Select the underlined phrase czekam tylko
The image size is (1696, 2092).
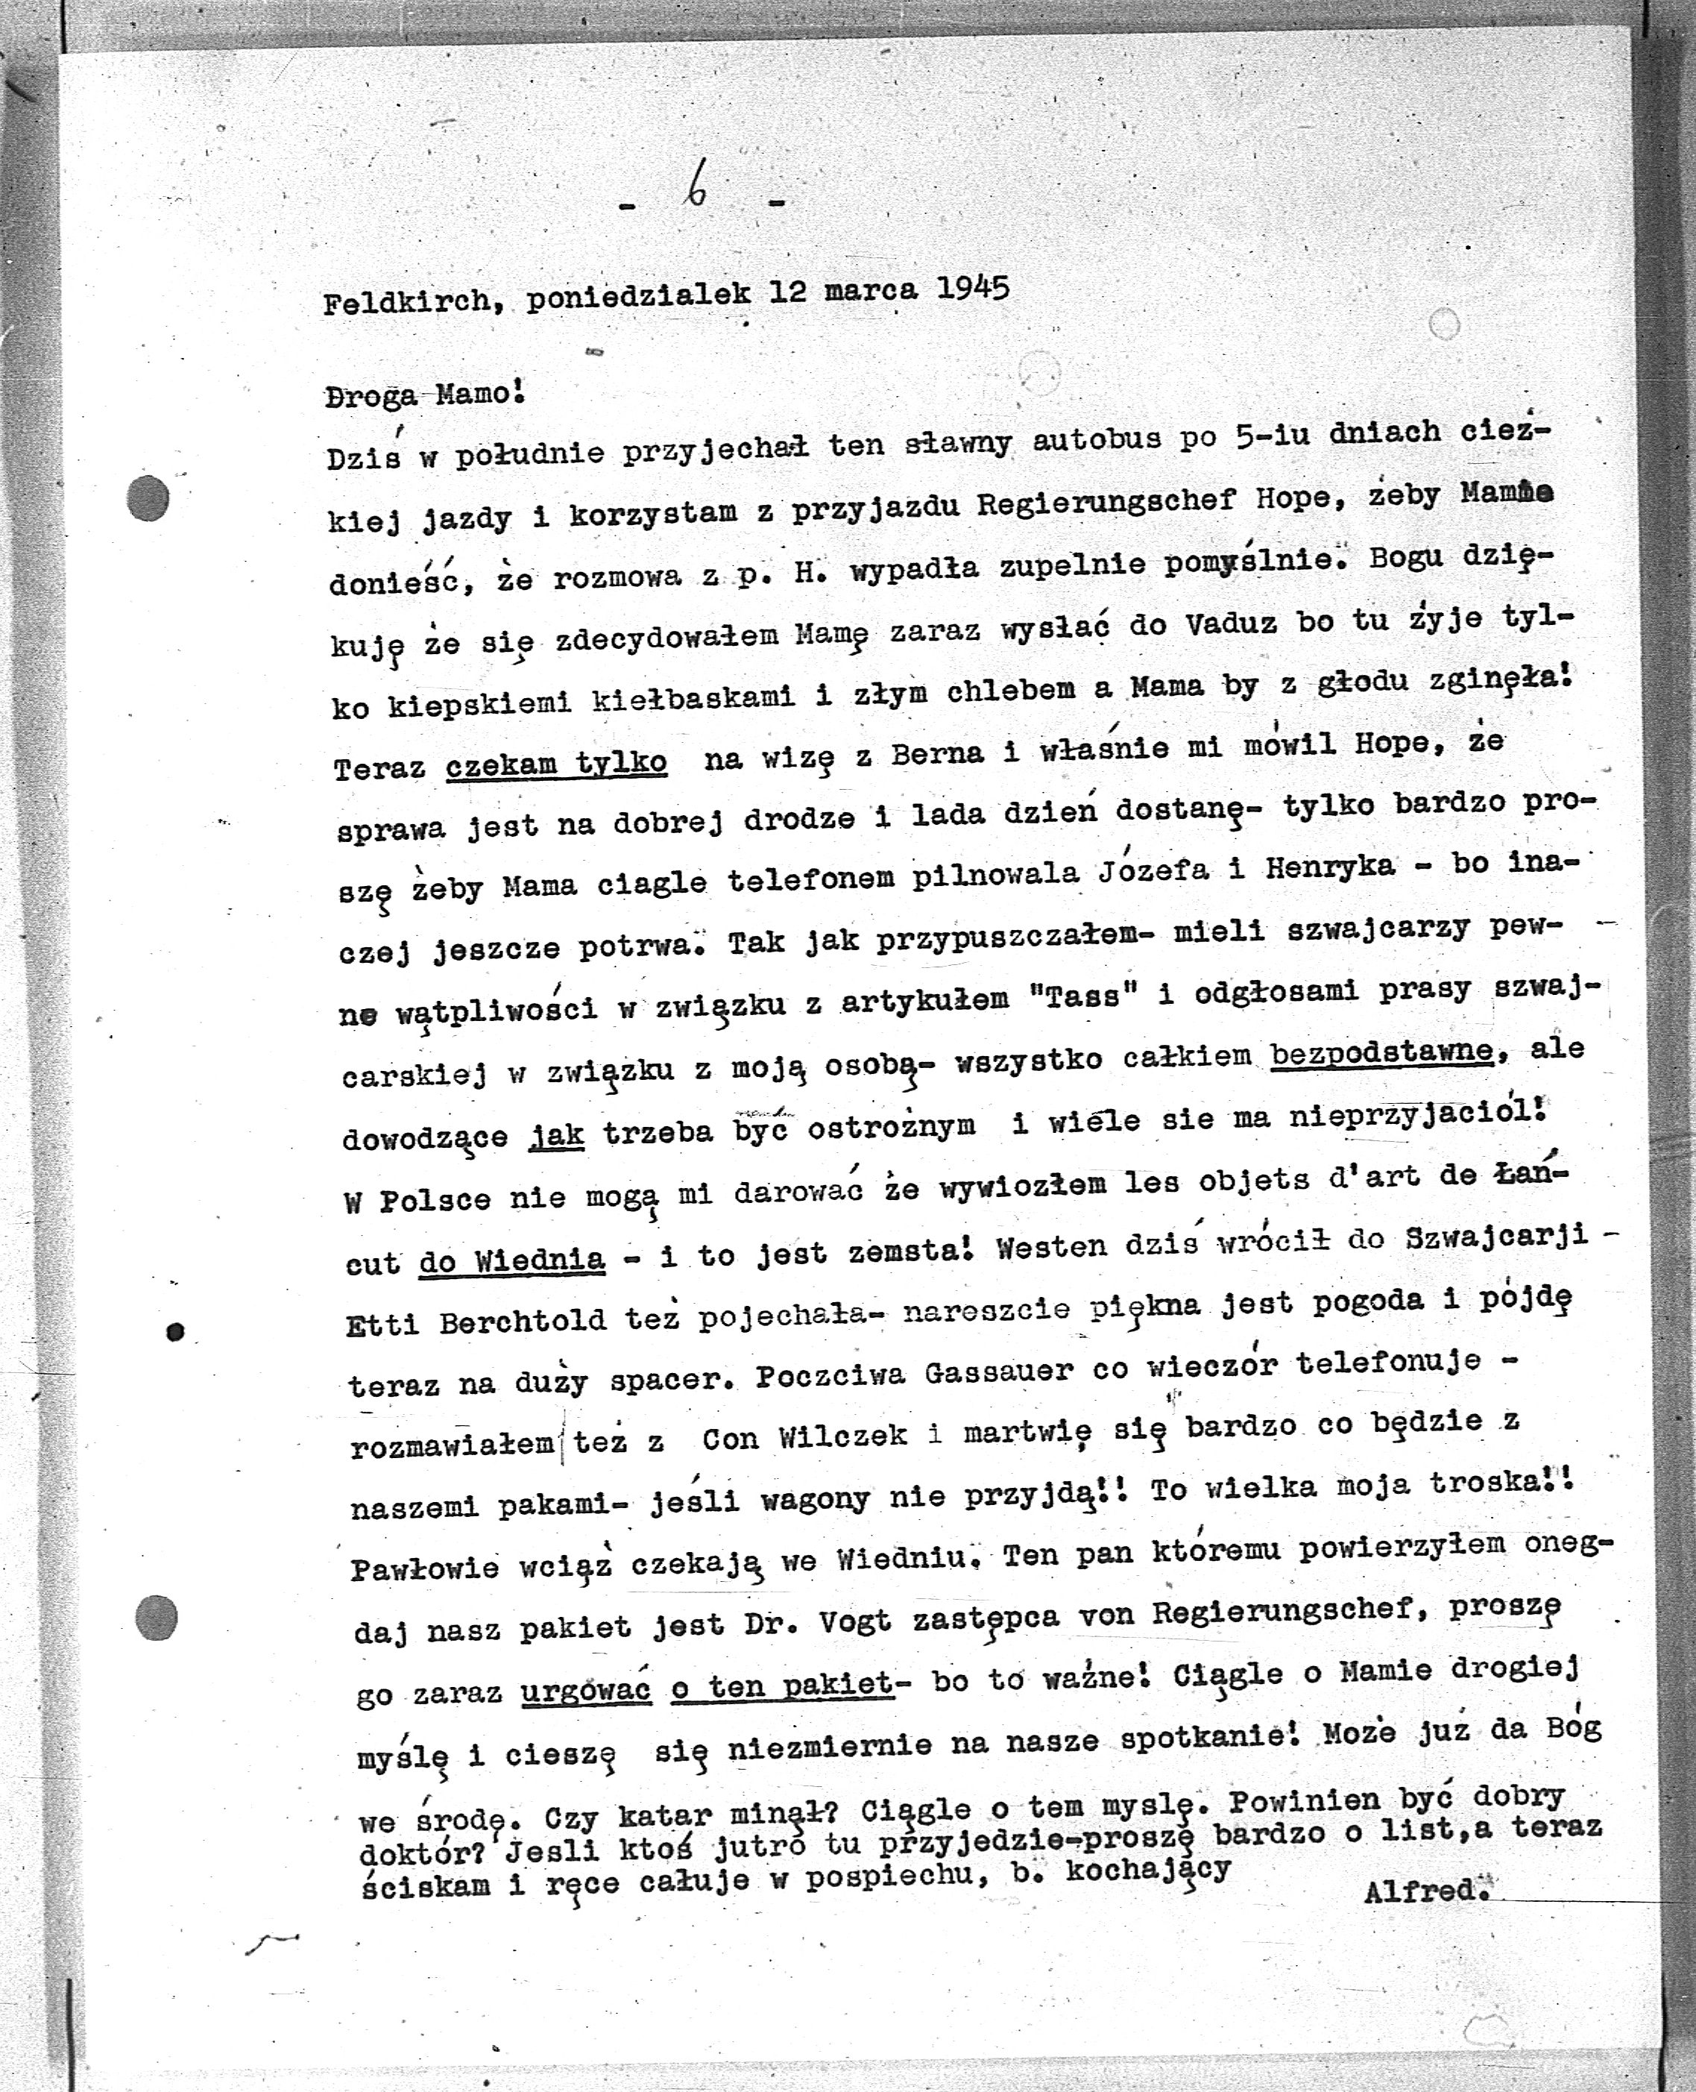click(556, 763)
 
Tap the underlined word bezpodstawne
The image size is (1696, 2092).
click(1381, 1053)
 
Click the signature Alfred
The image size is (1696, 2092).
click(1425, 1890)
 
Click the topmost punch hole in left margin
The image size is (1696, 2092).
click(148, 498)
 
